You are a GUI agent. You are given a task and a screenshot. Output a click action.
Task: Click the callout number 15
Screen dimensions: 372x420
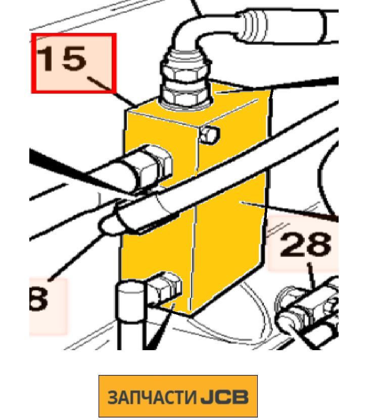[61, 58]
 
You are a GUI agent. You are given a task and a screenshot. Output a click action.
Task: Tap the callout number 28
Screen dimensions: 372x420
[305, 244]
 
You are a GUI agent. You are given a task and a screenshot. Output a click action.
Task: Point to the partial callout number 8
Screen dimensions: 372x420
[38, 299]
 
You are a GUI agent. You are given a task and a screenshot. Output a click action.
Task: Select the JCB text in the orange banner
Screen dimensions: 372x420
[224, 397]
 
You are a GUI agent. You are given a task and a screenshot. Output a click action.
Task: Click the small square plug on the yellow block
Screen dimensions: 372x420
[210, 134]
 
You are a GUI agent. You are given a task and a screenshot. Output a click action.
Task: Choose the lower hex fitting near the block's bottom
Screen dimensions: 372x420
[165, 288]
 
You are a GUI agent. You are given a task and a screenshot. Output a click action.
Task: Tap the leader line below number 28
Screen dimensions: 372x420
[312, 276]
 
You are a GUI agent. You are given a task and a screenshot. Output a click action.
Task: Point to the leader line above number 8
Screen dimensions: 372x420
[76, 257]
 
